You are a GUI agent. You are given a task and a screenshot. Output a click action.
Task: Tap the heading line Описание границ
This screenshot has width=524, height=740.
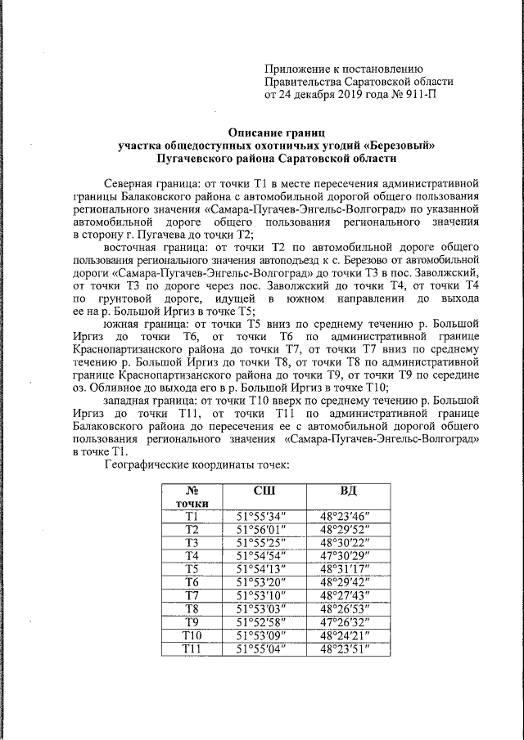pyautogui.click(x=277, y=132)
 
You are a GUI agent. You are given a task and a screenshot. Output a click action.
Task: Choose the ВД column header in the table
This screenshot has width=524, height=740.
pyautogui.click(x=355, y=491)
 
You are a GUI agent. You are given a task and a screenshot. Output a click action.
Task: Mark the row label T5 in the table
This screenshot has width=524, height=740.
pyautogui.click(x=192, y=568)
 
